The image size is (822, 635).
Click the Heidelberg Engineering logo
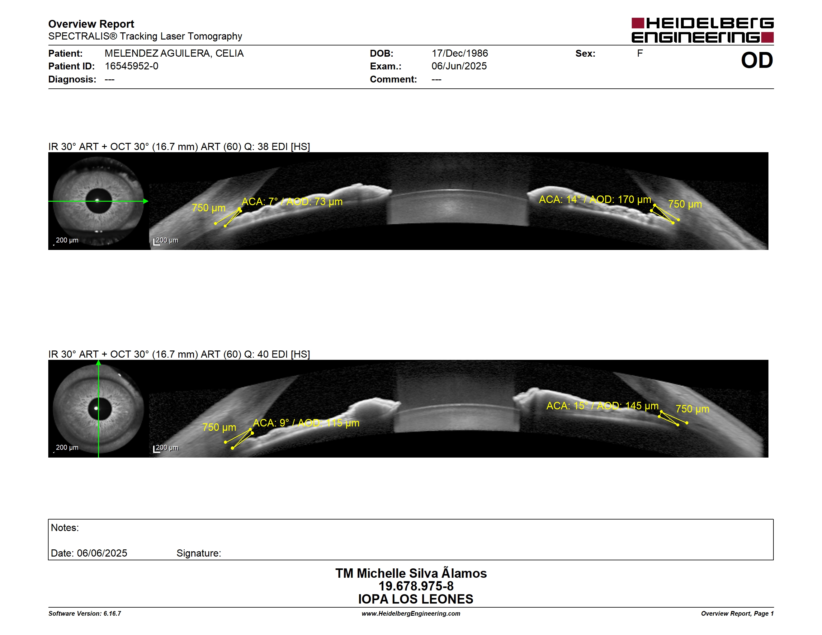[x=702, y=30]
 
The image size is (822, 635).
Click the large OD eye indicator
[x=757, y=61]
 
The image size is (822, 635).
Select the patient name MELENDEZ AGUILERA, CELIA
[x=174, y=54]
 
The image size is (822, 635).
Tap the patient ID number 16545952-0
[x=131, y=66]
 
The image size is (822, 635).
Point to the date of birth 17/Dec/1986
[x=460, y=54]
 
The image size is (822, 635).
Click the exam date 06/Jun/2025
[x=459, y=66]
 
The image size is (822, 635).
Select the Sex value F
[x=640, y=54]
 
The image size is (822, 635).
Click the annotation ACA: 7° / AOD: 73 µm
[x=292, y=202]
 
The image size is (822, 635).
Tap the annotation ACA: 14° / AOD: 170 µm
[x=595, y=200]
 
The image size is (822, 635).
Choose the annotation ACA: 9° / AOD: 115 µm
[x=306, y=423]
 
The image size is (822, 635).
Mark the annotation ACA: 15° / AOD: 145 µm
[x=602, y=406]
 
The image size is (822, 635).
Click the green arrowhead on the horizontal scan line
[x=146, y=201]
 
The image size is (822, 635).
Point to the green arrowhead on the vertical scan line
[x=99, y=363]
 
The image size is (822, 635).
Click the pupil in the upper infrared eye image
[x=99, y=201]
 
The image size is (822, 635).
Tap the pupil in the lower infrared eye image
[x=100, y=408]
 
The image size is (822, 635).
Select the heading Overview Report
[x=91, y=24]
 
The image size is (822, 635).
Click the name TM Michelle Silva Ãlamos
[x=411, y=573]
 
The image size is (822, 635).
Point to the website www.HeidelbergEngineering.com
[x=411, y=614]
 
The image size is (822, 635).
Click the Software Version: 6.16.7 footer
[x=85, y=614]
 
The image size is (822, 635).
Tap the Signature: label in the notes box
[x=199, y=553]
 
